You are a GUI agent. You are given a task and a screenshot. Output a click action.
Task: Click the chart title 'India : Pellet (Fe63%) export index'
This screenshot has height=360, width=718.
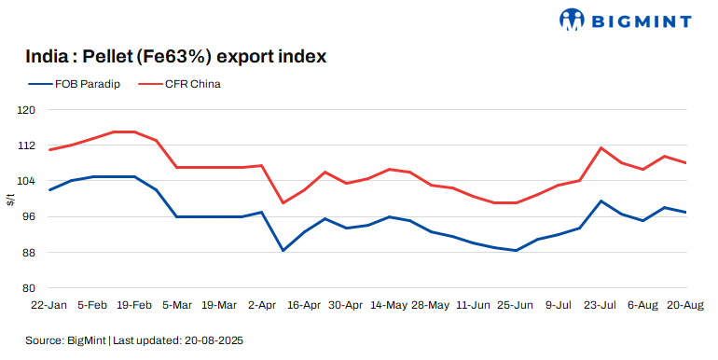coord(176,57)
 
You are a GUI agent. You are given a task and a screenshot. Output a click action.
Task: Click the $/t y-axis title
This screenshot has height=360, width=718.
coord(9,199)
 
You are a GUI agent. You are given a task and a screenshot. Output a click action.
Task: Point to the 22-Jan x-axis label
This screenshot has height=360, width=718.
coord(48,304)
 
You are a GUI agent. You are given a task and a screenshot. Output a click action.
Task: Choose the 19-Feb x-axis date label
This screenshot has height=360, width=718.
coord(134,304)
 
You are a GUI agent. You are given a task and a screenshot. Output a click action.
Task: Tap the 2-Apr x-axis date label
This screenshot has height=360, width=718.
coord(262,304)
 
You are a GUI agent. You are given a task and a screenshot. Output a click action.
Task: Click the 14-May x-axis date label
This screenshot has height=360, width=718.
coord(388,304)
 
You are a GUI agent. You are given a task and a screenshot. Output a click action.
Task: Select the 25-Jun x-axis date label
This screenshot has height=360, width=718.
coord(516,304)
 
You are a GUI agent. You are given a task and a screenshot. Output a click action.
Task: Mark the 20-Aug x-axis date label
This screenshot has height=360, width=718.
coord(685,304)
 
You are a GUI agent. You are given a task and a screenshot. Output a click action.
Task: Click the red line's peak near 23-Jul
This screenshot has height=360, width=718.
coord(601,147)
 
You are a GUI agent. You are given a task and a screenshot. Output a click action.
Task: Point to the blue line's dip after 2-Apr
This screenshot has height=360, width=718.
coord(283,250)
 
